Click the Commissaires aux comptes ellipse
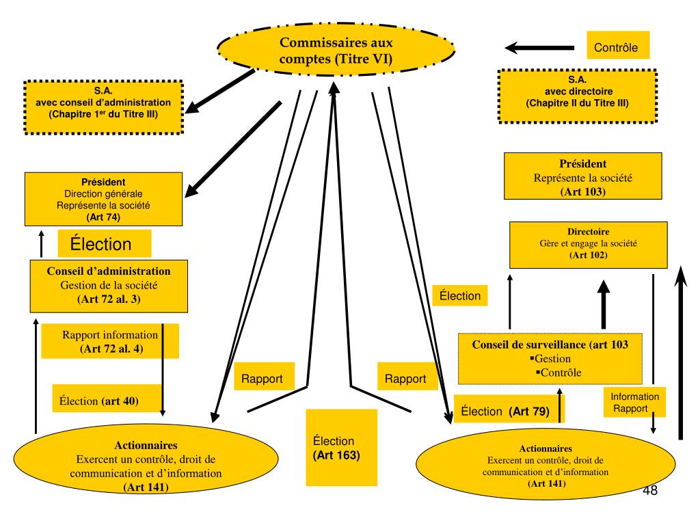tap(336, 51)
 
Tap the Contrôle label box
tap(615, 48)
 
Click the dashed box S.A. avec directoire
tap(578, 96)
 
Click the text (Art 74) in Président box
tap(103, 217)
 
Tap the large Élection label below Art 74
tap(104, 244)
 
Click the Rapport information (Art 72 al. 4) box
tap(110, 342)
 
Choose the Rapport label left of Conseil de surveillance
tap(405, 378)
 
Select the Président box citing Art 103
tap(582, 176)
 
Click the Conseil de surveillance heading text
tap(550, 345)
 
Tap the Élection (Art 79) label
tap(504, 411)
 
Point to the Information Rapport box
tap(634, 403)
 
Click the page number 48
tap(650, 491)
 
